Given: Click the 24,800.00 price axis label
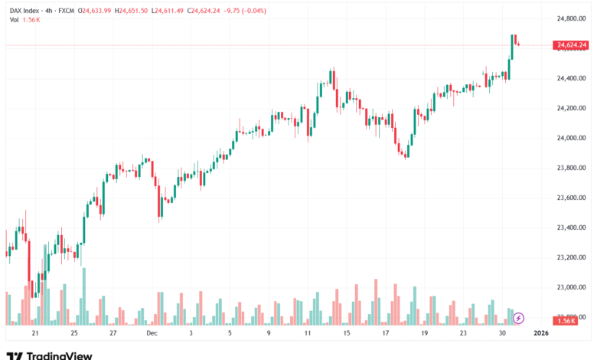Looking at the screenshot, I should [x=571, y=18].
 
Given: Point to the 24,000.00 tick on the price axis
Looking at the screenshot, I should [x=571, y=138].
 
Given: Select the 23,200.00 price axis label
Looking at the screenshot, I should [x=571, y=257].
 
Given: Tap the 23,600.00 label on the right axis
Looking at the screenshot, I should [x=571, y=198].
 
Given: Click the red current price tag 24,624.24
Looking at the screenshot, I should [x=572, y=45].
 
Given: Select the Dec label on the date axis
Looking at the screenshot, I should [x=152, y=333].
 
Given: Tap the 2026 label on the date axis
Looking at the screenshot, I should [x=541, y=333].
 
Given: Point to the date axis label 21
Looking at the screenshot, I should [x=34, y=333].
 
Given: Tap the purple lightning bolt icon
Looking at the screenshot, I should [x=519, y=317].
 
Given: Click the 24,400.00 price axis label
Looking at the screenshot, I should [x=571, y=78].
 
